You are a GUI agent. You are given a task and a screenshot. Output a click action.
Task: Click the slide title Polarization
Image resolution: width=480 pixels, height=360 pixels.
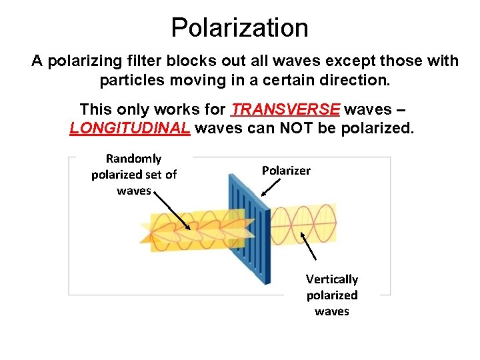click(x=239, y=28)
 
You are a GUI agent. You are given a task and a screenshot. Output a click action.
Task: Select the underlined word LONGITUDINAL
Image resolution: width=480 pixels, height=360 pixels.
click(x=130, y=127)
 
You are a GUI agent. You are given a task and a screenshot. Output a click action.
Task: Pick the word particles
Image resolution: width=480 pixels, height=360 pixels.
click(x=130, y=81)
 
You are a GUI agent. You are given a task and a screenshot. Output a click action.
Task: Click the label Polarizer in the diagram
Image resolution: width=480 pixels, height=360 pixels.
click(x=286, y=171)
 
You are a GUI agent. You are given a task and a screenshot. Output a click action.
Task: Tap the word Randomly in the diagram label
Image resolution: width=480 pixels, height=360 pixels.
click(x=133, y=159)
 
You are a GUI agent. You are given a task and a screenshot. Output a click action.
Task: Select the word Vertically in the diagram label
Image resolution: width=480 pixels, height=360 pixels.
click(x=332, y=279)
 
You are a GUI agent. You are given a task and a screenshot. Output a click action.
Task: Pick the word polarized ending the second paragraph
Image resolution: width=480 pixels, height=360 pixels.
click(x=377, y=127)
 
